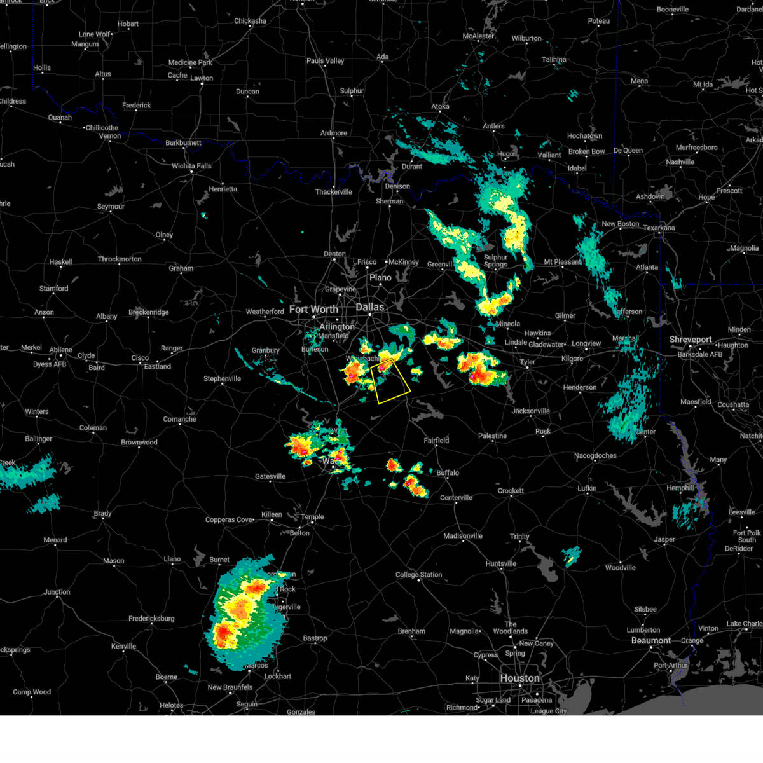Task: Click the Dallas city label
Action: point(370,307)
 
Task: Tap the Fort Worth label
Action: point(313,310)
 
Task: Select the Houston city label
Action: point(519,678)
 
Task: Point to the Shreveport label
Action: point(691,340)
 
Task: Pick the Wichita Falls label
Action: point(191,166)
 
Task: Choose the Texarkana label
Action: point(659,228)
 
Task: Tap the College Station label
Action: point(419,575)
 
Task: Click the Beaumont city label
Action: point(651,640)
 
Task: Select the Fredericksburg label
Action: point(151,619)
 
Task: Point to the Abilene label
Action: point(62,350)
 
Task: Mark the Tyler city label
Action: point(528,362)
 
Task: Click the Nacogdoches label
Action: point(595,455)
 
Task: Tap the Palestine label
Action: point(493,436)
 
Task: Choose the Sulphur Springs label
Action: point(495,261)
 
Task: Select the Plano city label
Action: point(381,277)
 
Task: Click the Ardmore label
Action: point(334,134)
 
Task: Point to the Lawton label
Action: point(202,78)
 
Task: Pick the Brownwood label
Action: point(139,443)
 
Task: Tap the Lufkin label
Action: point(587,488)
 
